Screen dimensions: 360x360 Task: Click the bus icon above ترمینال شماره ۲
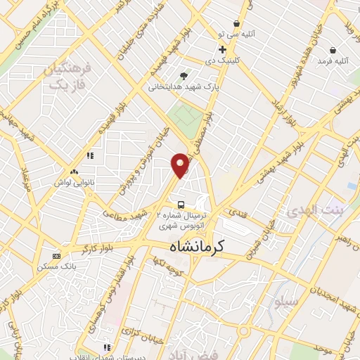(x=181, y=205)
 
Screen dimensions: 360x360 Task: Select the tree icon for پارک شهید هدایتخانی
(x=184, y=76)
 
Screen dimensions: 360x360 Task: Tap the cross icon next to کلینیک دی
(x=222, y=49)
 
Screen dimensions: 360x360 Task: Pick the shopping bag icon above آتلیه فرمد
(x=332, y=50)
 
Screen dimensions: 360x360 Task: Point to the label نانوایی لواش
(x=75, y=181)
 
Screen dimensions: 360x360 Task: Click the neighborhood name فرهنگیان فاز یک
(x=67, y=77)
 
